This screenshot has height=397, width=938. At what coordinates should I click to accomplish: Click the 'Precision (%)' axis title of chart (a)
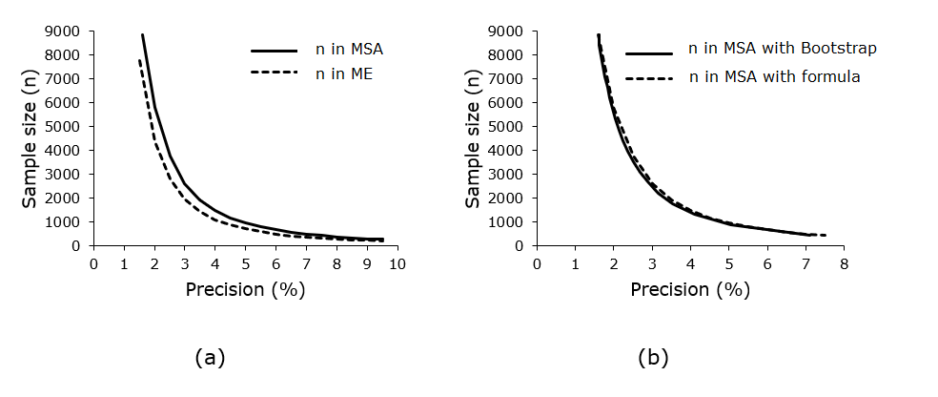245,289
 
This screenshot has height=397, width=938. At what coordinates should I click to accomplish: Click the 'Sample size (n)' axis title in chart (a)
30,138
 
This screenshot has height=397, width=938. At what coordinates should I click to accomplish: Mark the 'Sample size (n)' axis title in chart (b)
473,138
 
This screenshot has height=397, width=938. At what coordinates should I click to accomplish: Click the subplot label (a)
210,358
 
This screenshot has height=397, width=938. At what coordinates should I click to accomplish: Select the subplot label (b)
653,358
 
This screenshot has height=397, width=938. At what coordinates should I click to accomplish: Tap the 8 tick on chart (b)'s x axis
844,262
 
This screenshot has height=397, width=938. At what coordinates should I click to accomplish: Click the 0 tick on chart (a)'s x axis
93,262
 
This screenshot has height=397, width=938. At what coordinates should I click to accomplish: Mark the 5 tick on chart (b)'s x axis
728,262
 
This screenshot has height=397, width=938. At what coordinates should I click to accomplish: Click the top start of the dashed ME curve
139,60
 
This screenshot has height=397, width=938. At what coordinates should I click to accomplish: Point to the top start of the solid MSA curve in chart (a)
142,34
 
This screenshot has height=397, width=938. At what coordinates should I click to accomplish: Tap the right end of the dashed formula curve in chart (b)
825,235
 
